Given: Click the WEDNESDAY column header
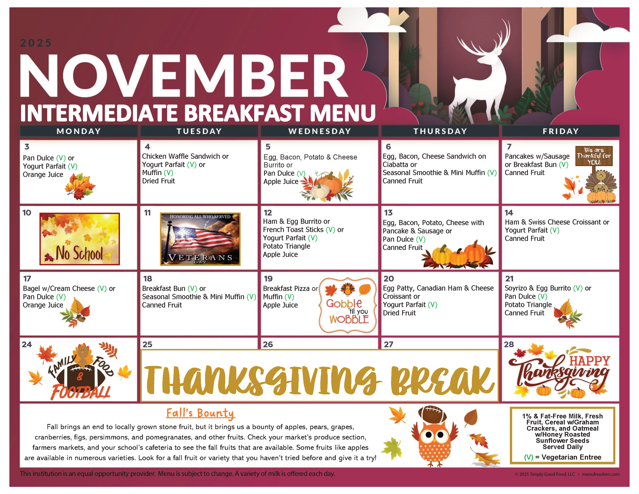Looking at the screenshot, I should click(x=319, y=131).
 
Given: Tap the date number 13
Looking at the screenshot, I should click(x=388, y=213).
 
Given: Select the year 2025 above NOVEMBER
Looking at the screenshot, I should click(x=36, y=43).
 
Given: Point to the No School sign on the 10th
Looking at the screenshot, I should click(x=80, y=239).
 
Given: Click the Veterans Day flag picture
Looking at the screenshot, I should click(x=200, y=239).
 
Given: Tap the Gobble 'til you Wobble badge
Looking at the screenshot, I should click(x=348, y=305).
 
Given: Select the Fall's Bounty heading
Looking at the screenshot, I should click(x=200, y=413).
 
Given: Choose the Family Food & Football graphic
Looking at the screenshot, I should click(x=80, y=371).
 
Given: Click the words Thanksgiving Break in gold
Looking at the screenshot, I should click(x=319, y=379).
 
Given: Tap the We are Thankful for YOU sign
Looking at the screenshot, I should click(x=594, y=156).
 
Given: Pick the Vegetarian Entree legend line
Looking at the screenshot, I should click(x=562, y=457).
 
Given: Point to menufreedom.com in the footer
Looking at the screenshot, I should click(x=601, y=474).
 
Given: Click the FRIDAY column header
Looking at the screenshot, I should click(x=560, y=131).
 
